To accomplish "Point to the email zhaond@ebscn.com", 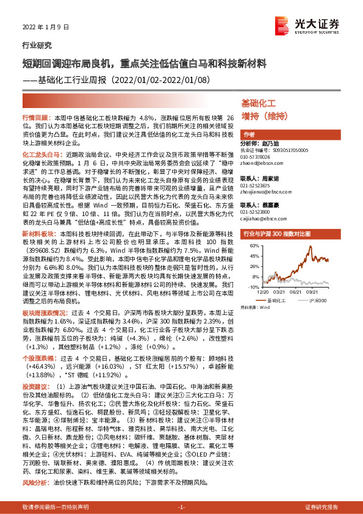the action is click(x=261, y=163).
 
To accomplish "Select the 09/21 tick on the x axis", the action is click(x=322, y=292).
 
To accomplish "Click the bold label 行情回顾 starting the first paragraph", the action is click(x=35, y=116).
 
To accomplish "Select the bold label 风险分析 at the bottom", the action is click(x=35, y=482).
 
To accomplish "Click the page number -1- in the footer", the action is click(x=181, y=507).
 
